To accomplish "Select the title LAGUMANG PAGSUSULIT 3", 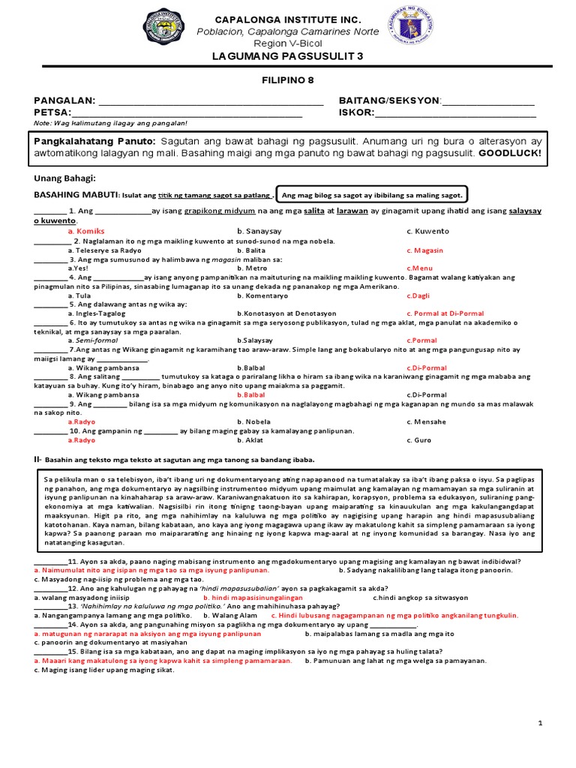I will (x=288, y=57).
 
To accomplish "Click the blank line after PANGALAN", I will (x=211, y=101).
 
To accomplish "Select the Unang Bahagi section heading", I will (x=65, y=178).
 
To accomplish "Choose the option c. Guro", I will (x=420, y=440).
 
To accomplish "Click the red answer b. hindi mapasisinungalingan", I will (x=253, y=598).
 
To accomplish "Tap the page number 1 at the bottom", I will (x=540, y=722).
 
